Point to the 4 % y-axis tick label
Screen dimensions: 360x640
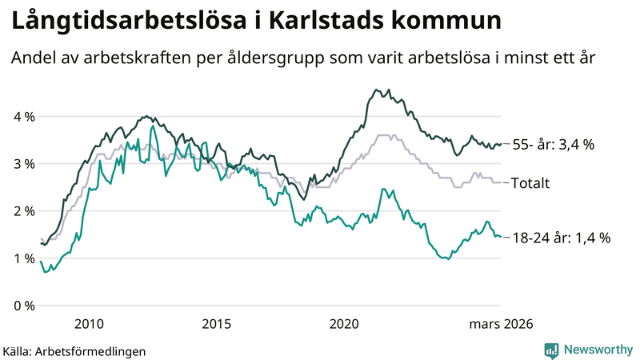tap(24, 117)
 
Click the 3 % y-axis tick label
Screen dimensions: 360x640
tap(24, 164)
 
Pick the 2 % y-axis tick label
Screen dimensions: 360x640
tap(24, 211)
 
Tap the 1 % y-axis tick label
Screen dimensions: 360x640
tap(24, 258)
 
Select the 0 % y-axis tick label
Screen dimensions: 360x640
tap(24, 306)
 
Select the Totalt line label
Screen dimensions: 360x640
tap(531, 183)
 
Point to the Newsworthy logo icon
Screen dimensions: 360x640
tap(551, 350)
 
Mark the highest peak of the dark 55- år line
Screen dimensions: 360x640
tap(376, 90)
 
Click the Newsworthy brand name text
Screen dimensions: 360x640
tap(597, 350)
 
